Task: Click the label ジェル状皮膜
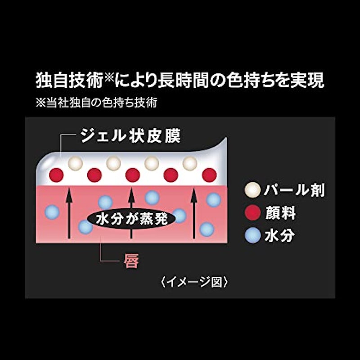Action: click(x=130, y=136)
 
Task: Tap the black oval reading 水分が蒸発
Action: click(x=131, y=219)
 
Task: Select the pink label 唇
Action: click(x=131, y=261)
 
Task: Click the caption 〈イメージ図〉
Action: click(x=194, y=282)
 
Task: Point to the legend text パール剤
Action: click(x=294, y=190)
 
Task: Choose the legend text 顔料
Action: click(x=280, y=213)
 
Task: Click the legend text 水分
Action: click(x=279, y=235)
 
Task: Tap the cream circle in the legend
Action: click(x=252, y=189)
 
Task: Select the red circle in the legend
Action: click(x=252, y=212)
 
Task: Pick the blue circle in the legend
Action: click(x=252, y=235)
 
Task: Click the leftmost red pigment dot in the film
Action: click(x=56, y=175)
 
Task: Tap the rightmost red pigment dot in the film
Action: click(x=209, y=175)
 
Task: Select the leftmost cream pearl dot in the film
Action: click(x=75, y=163)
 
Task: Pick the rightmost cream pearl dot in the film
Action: click(x=190, y=163)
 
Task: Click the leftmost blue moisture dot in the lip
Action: click(x=52, y=212)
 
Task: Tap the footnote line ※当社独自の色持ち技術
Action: click(x=96, y=103)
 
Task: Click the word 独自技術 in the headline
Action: click(x=69, y=81)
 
